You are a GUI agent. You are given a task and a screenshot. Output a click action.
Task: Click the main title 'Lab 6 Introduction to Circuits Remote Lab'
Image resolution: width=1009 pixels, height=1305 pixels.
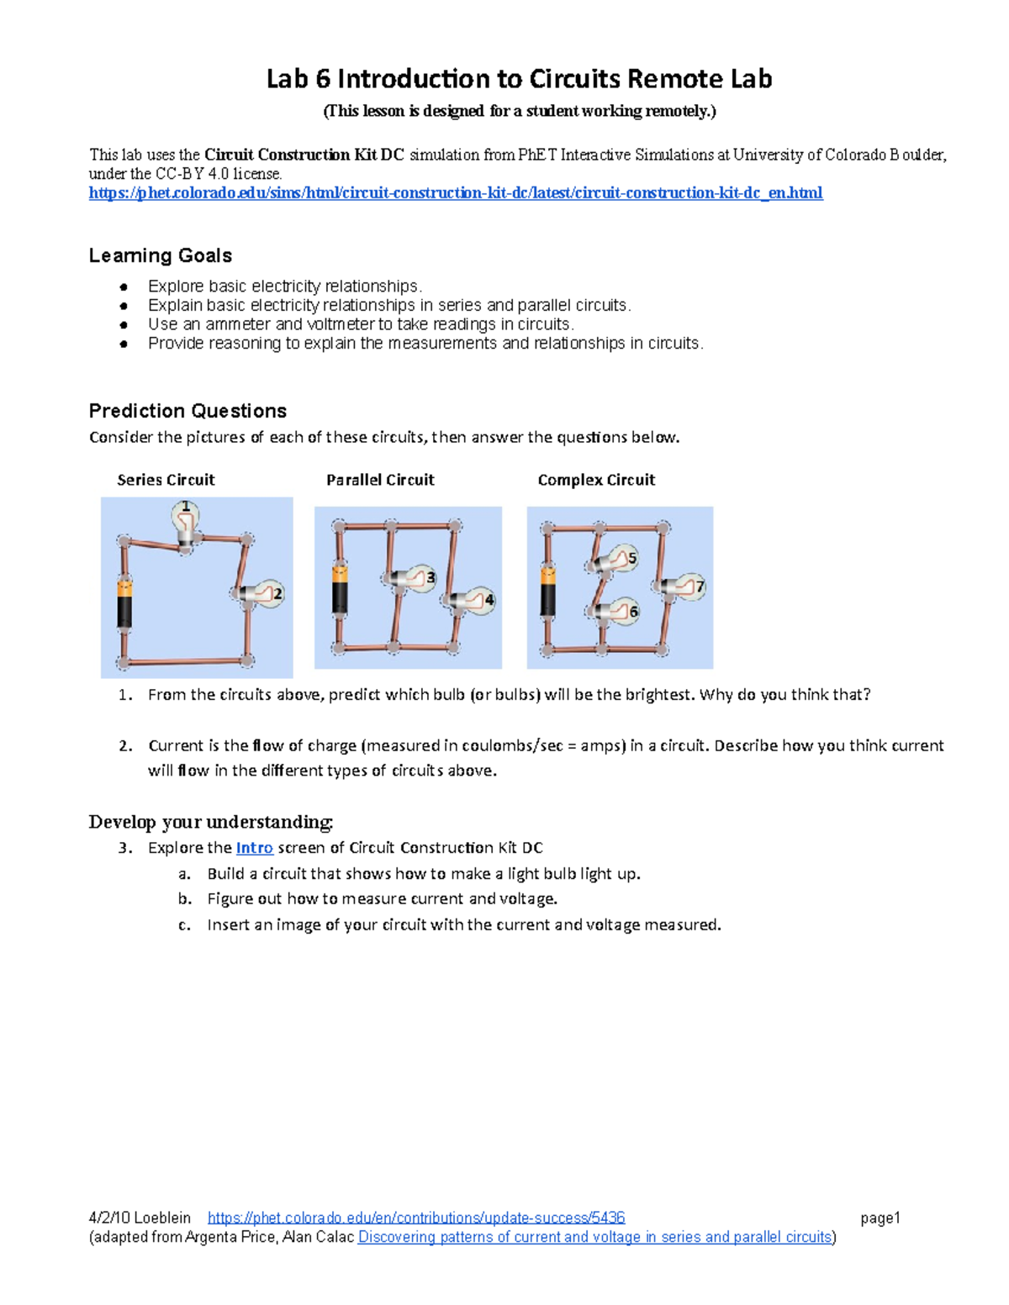click(519, 79)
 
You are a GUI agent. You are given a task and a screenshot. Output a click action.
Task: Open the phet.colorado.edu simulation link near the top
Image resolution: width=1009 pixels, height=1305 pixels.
click(456, 193)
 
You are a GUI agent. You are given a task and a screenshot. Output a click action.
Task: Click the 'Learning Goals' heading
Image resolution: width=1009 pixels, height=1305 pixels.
click(160, 255)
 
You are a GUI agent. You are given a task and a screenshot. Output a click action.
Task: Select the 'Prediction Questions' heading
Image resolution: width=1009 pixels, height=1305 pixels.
click(188, 411)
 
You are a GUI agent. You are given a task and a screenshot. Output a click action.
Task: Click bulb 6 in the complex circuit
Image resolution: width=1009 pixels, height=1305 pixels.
click(621, 612)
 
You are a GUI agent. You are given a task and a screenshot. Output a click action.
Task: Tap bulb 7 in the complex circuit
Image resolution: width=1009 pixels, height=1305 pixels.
click(688, 587)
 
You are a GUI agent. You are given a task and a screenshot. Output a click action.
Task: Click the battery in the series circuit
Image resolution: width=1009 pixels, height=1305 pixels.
click(124, 603)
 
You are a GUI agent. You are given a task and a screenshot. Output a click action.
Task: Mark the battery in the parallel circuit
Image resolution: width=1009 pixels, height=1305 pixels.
click(340, 590)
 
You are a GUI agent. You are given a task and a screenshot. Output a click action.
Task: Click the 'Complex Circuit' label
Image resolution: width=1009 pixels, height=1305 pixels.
click(596, 480)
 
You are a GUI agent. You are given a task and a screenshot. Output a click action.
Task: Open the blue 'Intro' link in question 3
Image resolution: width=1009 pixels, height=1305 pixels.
click(254, 848)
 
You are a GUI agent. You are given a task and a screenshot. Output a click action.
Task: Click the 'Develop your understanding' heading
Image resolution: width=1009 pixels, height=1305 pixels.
click(211, 822)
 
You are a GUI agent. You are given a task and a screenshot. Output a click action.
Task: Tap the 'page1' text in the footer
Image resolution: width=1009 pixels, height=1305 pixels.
click(880, 1218)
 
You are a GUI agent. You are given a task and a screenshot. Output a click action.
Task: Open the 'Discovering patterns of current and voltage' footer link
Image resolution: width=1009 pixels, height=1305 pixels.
click(594, 1237)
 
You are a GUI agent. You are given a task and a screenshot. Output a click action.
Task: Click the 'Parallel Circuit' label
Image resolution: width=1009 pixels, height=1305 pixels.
click(380, 480)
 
